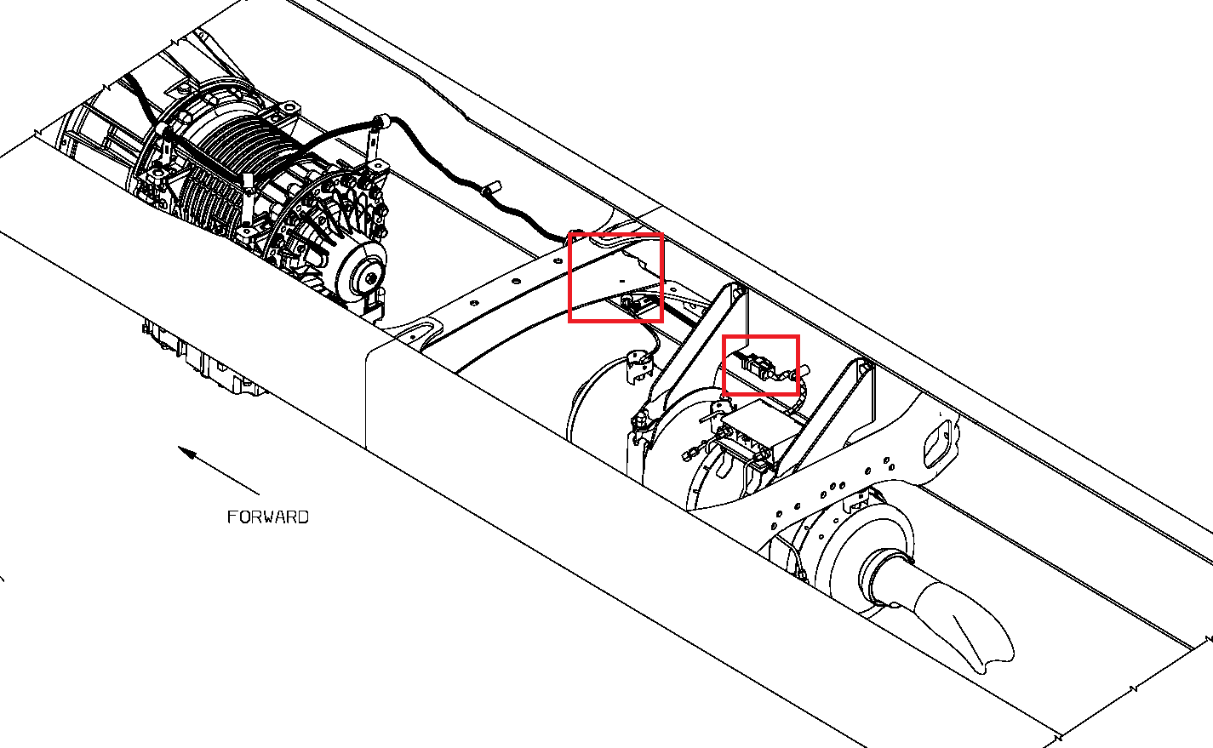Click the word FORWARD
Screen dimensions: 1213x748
click(x=268, y=517)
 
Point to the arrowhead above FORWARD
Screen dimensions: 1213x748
click(x=187, y=453)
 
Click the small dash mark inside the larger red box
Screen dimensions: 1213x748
click(x=622, y=281)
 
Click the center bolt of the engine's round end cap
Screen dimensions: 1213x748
click(x=371, y=278)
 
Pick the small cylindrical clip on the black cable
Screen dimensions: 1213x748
click(x=491, y=190)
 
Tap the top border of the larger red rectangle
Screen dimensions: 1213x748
click(x=615, y=235)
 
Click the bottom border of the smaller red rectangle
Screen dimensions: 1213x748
click(x=761, y=393)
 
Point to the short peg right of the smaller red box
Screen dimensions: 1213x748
click(x=805, y=371)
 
